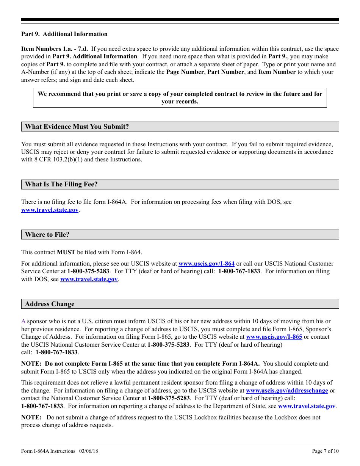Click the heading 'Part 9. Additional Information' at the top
click(64, 34)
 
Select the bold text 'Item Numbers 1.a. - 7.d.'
click(55, 49)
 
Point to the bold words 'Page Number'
click(185, 72)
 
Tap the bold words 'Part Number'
click(225, 72)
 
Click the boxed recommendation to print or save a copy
click(180, 98)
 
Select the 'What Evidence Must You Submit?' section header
click(77, 127)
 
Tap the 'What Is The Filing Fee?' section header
click(61, 185)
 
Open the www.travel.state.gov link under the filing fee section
click(50, 210)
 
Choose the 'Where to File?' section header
click(47, 235)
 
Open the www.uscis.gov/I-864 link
click(206, 264)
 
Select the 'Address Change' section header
click(50, 304)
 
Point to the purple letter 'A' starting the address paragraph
click(23, 321)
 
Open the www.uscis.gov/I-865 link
click(274, 337)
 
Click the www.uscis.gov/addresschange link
click(286, 391)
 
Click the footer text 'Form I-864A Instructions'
click(48, 451)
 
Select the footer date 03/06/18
click(89, 451)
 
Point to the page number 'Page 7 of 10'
click(325, 451)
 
